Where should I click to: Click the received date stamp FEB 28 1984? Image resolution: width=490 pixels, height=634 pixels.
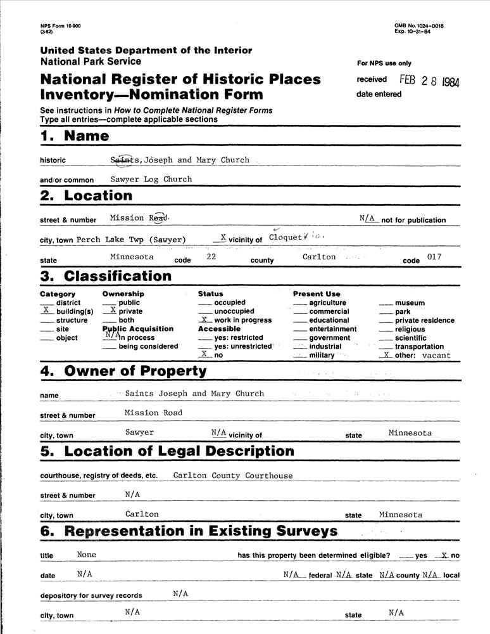pos(429,81)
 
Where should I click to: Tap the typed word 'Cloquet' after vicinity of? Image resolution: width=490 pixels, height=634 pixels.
pos(286,237)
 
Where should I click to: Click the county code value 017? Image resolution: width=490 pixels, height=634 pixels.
pos(434,257)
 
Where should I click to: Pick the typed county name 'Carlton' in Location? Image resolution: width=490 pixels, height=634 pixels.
pos(318,257)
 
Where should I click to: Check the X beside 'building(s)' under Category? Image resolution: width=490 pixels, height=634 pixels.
pos(46,311)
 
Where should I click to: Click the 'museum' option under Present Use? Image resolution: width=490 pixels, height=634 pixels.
pos(410,303)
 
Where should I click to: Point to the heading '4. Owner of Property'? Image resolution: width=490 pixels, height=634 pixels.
pos(123,372)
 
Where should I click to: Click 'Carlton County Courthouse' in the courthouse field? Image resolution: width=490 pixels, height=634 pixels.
pos(233,475)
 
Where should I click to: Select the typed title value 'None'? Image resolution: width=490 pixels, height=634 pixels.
pos(86,554)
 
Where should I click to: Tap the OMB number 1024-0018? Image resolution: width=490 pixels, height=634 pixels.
pos(418,26)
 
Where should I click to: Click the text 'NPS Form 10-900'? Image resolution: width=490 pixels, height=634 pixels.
pos(60,26)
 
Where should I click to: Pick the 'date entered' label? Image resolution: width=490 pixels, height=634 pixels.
pos(379,94)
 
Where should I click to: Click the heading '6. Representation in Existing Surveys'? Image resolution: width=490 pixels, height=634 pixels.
pos(189,531)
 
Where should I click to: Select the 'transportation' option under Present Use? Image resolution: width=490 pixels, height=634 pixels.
pos(418,347)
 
